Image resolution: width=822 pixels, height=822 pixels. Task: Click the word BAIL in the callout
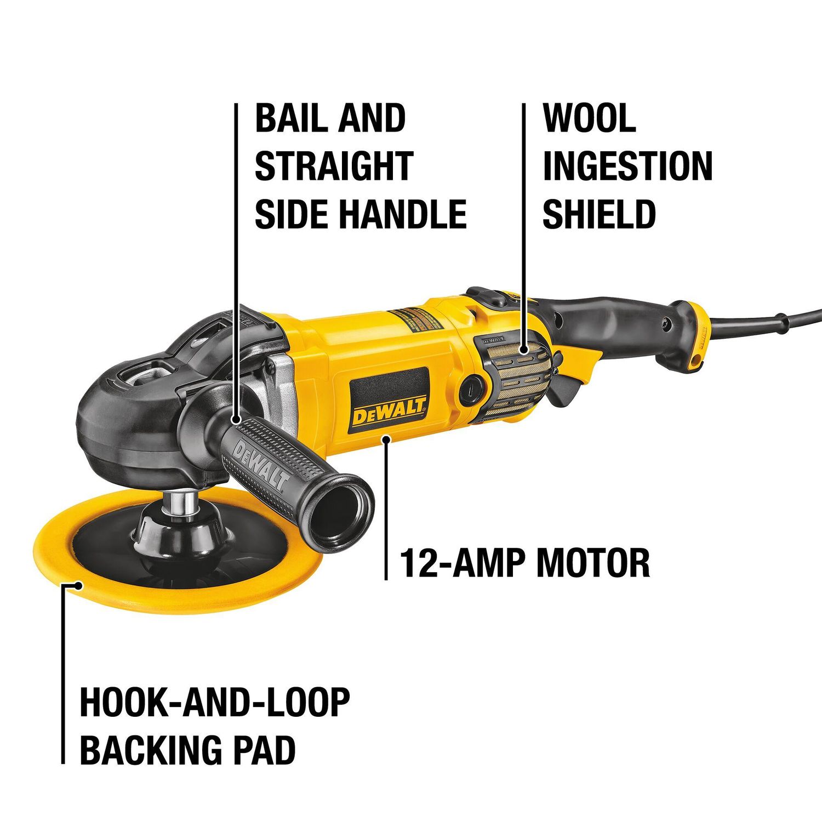coord(289,118)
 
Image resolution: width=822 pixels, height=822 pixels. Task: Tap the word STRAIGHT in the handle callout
coord(334,166)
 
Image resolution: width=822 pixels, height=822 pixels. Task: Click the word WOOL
coord(589,118)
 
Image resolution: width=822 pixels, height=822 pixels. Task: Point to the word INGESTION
coord(627,166)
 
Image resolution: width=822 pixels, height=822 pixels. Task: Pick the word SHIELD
coord(599,214)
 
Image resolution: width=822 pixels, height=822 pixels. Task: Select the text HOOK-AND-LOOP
coord(215,703)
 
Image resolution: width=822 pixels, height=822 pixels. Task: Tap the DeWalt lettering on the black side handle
coord(262,465)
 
